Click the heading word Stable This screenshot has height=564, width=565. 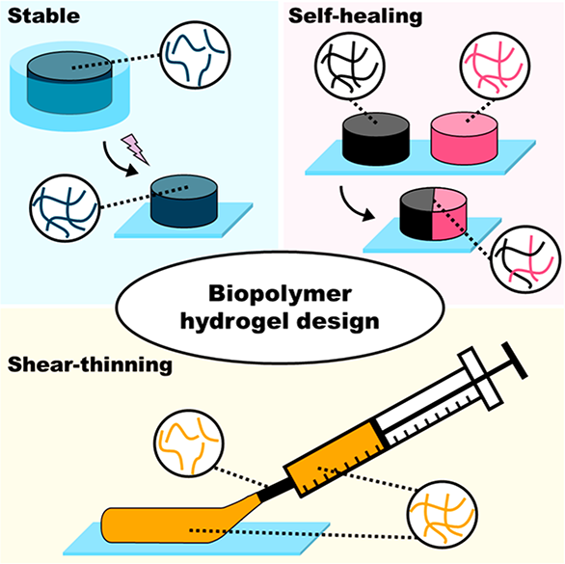point(43,15)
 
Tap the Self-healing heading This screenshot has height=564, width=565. point(355,16)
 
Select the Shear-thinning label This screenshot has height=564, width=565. point(90,364)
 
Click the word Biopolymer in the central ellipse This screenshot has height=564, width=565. point(280,294)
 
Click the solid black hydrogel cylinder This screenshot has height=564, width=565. point(375,139)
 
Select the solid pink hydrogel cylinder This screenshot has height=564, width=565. point(464,139)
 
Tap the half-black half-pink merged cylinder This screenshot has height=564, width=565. point(433,213)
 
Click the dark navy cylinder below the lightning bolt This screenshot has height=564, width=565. point(184,201)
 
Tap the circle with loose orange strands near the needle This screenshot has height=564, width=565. point(189,443)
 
